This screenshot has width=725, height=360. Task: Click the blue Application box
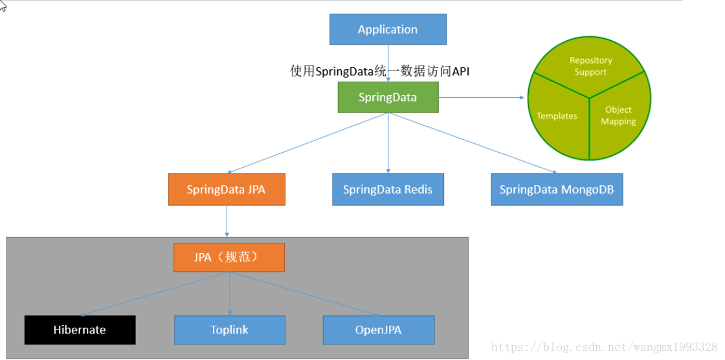click(388, 29)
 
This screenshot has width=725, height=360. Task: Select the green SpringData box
click(388, 97)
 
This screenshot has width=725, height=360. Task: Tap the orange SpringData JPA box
click(227, 190)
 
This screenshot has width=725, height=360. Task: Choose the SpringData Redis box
click(388, 190)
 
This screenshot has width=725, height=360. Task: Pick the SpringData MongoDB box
click(557, 190)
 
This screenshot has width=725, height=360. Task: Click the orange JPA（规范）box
click(229, 257)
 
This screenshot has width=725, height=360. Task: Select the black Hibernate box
click(80, 330)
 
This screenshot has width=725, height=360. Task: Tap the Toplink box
click(230, 330)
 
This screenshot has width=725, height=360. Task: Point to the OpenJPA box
click(379, 330)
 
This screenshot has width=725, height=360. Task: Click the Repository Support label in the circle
click(590, 66)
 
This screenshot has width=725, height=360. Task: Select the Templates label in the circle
click(557, 116)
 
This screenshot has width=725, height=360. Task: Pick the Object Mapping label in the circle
click(618, 115)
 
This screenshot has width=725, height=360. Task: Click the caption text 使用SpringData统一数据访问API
click(379, 71)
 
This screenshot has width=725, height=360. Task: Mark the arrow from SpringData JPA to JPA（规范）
click(227, 221)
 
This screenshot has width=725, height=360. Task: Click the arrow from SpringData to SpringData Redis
click(388, 142)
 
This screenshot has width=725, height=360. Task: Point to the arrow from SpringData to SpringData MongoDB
click(473, 143)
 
